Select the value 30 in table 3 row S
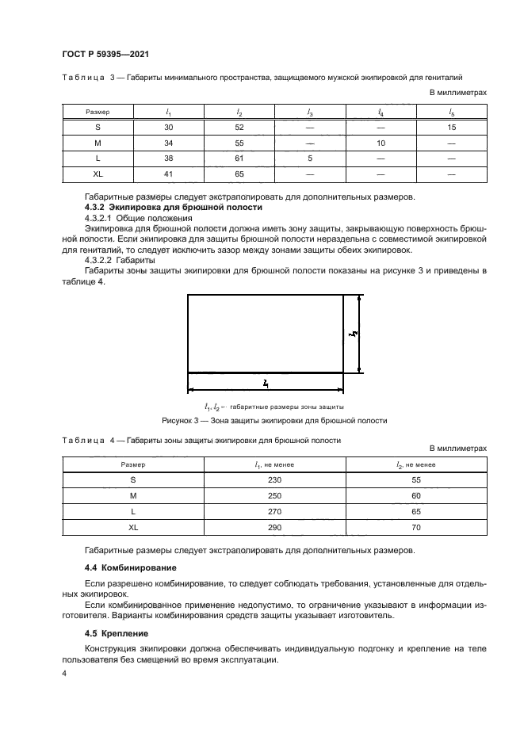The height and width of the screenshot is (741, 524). pyautogui.click(x=168, y=127)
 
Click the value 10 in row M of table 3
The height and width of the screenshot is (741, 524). pyautogui.click(x=381, y=142)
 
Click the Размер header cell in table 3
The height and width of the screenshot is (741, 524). pyautogui.click(x=98, y=112)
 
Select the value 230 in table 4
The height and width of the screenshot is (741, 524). pyautogui.click(x=274, y=479)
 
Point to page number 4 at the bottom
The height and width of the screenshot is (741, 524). pyautogui.click(x=65, y=674)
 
